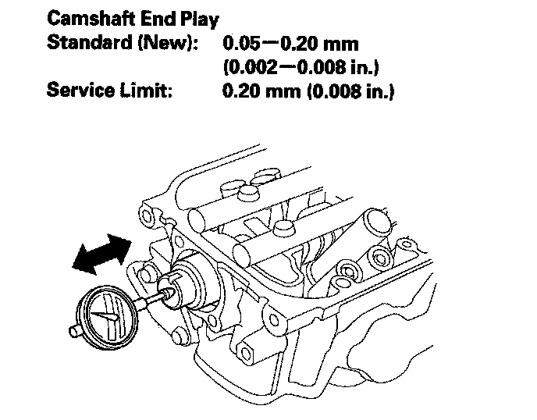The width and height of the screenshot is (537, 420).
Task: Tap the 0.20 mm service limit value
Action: (253, 91)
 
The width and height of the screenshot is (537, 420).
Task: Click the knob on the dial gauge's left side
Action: (73, 333)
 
